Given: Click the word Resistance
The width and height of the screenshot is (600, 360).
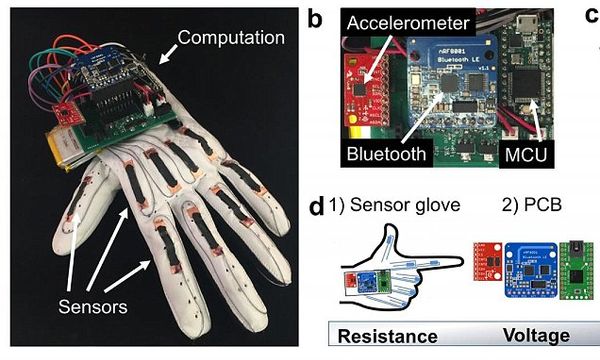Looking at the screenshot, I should [386, 338].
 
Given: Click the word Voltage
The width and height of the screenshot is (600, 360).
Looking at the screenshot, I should [535, 338].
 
